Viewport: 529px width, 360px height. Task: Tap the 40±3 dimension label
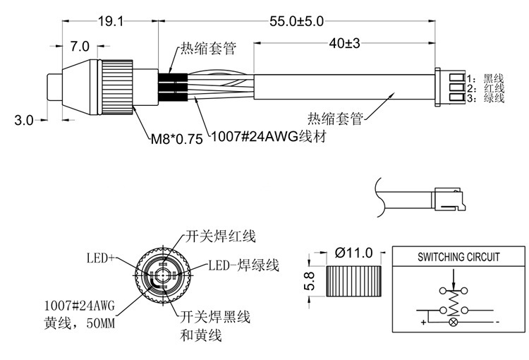pyautogui.click(x=345, y=43)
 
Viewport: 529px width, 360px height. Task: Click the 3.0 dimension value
pyautogui.click(x=24, y=120)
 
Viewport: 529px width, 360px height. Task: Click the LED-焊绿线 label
pyautogui.click(x=244, y=265)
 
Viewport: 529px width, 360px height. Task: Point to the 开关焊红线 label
pyautogui.click(x=220, y=235)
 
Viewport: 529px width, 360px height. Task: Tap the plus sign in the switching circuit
pyautogui.click(x=422, y=323)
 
